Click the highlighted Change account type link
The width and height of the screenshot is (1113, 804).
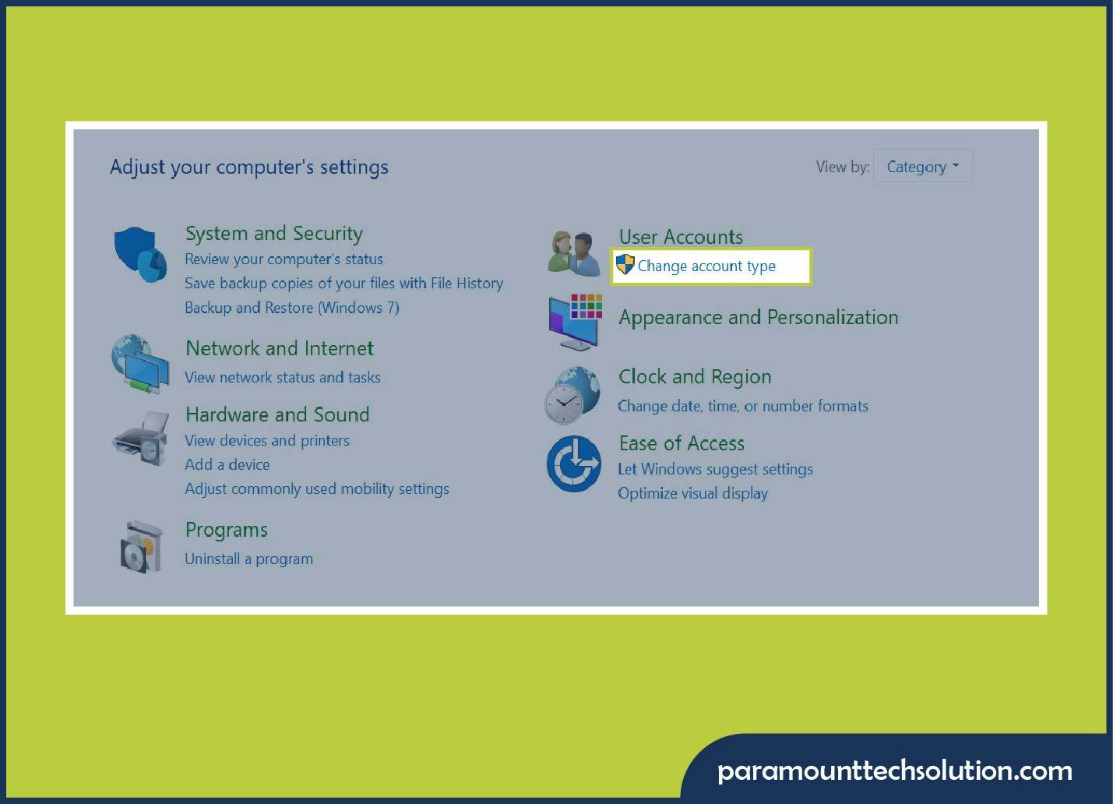pos(706,266)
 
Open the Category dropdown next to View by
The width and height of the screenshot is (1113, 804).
pos(922,167)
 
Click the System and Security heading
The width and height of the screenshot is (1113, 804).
pos(273,234)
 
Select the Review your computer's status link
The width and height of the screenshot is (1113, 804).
pos(284,259)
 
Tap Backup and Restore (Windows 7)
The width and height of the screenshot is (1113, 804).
pos(291,308)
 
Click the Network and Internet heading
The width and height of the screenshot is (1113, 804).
pos(279,348)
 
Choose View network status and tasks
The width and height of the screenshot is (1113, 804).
pos(282,378)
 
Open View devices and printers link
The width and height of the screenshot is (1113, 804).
pos(266,441)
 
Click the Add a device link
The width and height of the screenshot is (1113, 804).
pos(227,465)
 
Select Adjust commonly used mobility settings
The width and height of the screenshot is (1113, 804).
pos(316,489)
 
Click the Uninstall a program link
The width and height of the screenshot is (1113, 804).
pos(248,559)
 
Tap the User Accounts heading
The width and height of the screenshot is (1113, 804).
pos(680,237)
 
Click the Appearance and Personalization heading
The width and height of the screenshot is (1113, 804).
pos(758,318)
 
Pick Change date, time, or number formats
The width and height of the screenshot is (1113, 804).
pos(742,407)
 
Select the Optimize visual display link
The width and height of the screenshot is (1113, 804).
pos(692,494)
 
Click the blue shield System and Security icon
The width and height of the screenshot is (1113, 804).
pos(140,254)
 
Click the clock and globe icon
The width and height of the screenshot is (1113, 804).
pos(572,396)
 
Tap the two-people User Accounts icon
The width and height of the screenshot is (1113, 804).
pos(574,253)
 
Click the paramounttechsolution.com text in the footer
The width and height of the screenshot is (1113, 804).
pos(894,771)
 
